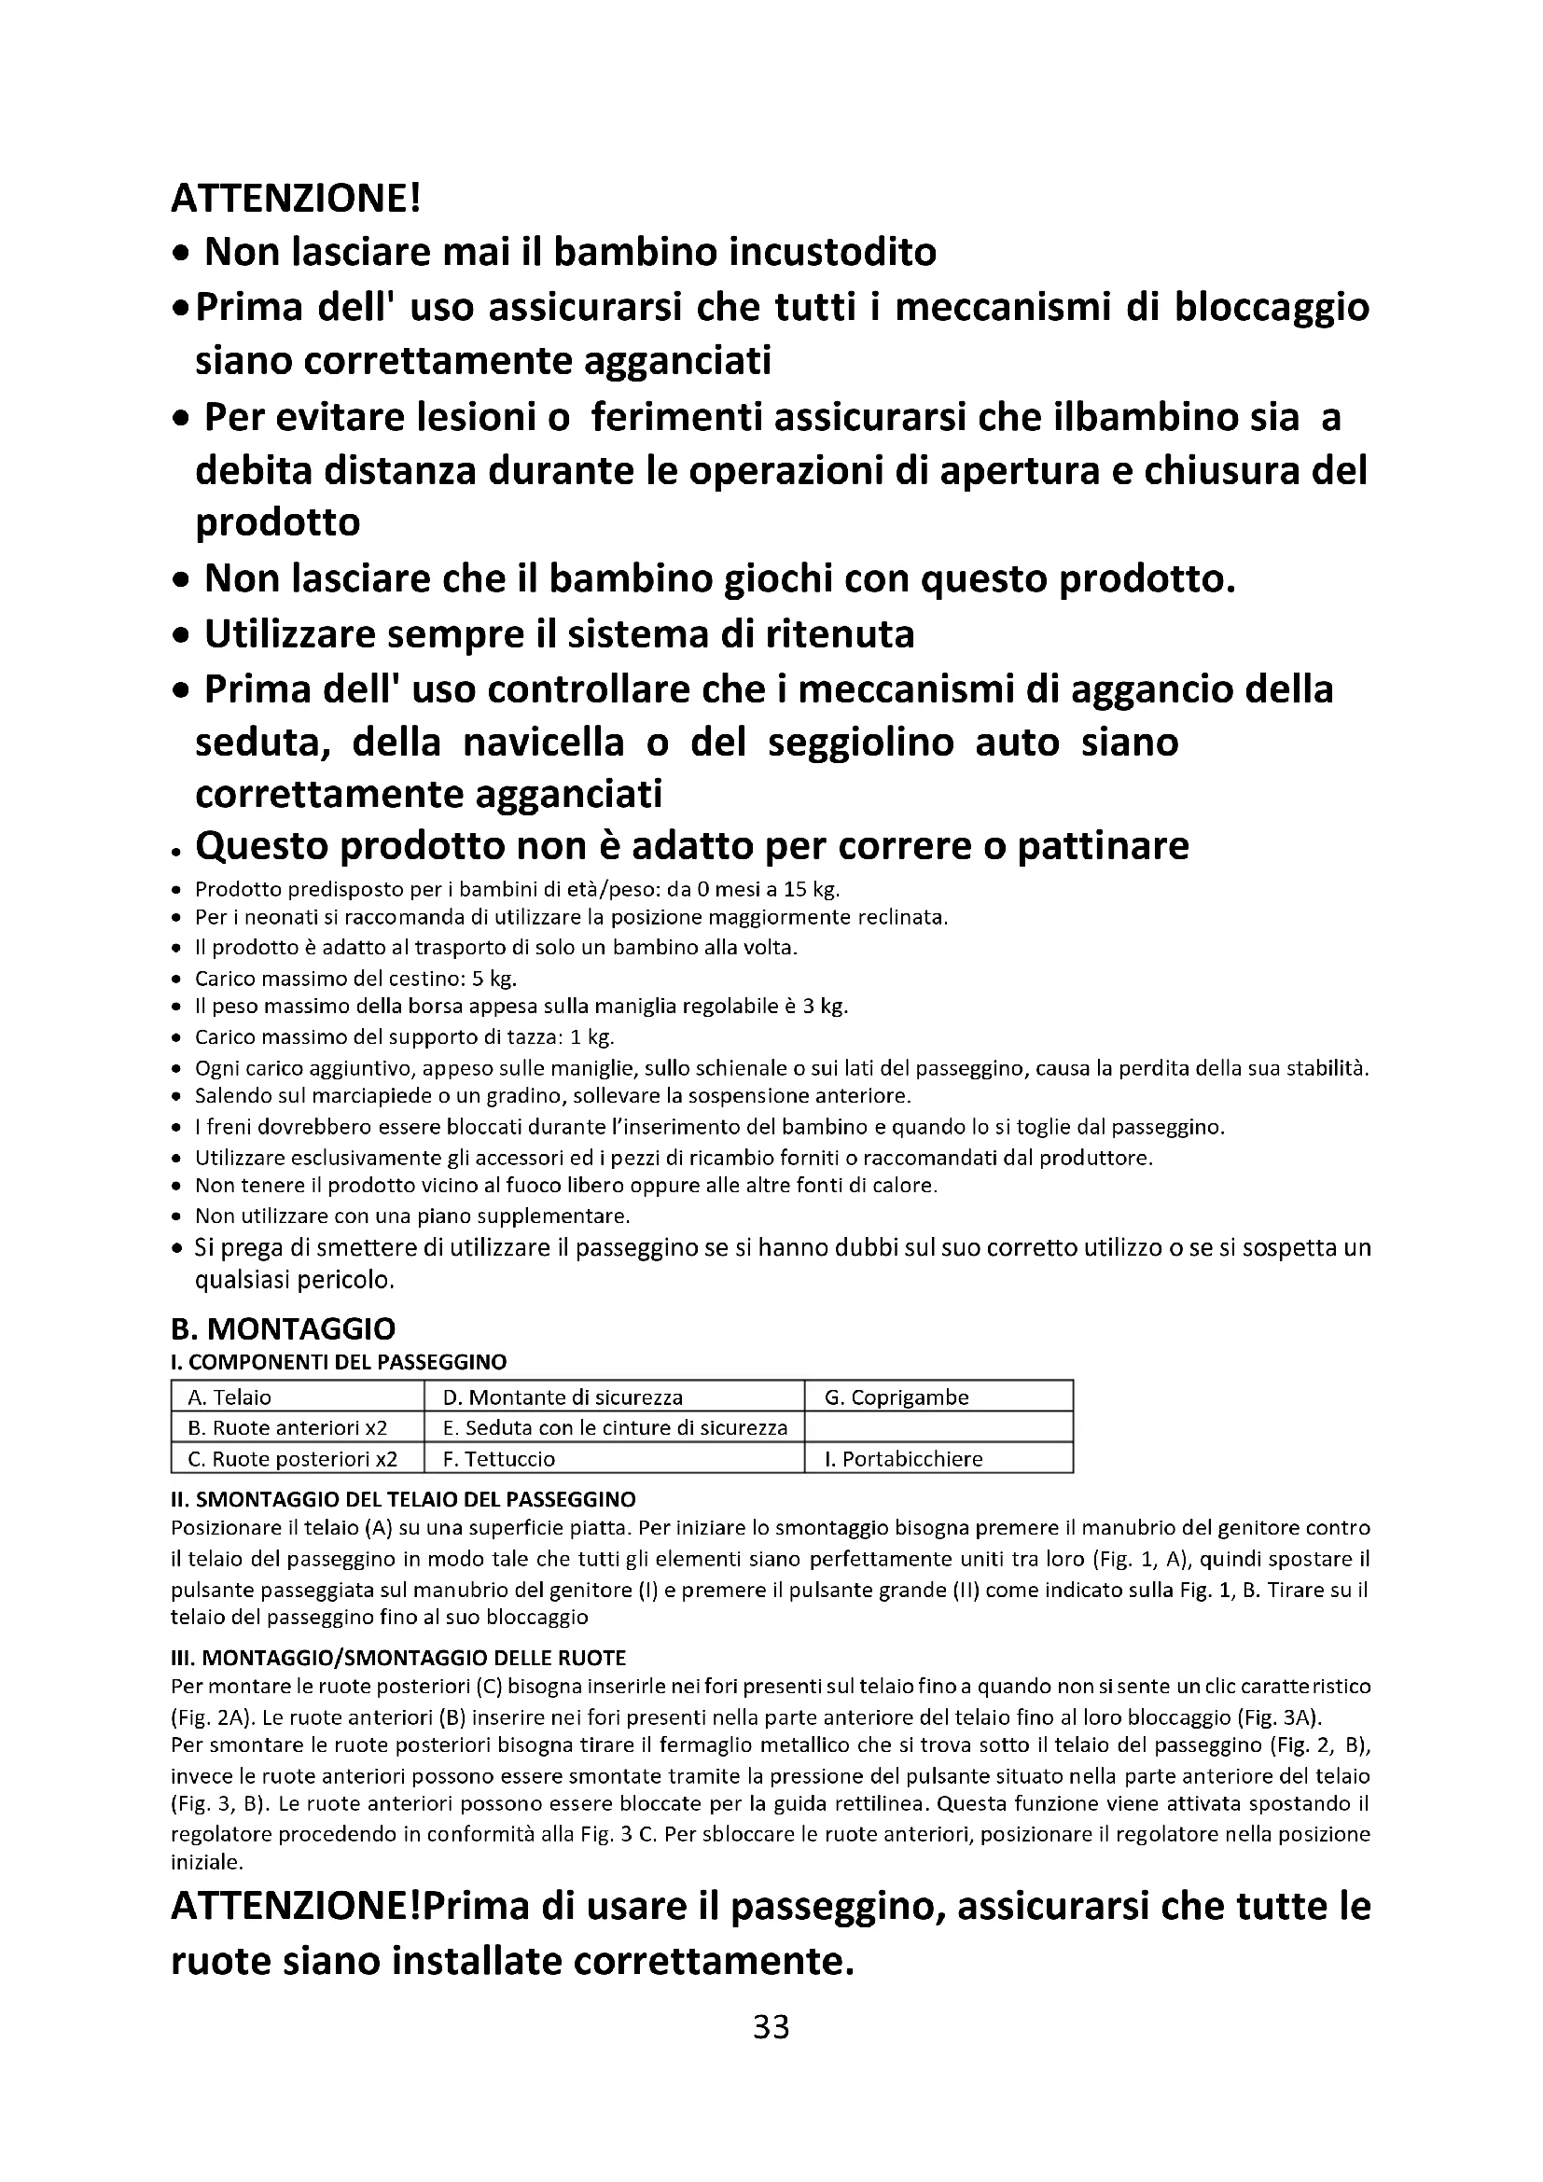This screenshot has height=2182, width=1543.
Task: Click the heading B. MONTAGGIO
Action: (x=282, y=1328)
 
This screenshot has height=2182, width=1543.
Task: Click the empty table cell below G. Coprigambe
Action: (x=938, y=1427)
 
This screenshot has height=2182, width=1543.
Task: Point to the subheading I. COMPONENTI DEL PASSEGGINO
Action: (x=339, y=1362)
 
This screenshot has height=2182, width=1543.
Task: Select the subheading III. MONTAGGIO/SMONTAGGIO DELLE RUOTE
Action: (x=398, y=1659)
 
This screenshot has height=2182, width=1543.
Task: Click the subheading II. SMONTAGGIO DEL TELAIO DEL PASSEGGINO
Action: (x=403, y=1500)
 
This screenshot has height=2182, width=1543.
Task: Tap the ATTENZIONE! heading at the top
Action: (x=295, y=199)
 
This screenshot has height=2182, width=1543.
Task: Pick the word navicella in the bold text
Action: (x=544, y=742)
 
